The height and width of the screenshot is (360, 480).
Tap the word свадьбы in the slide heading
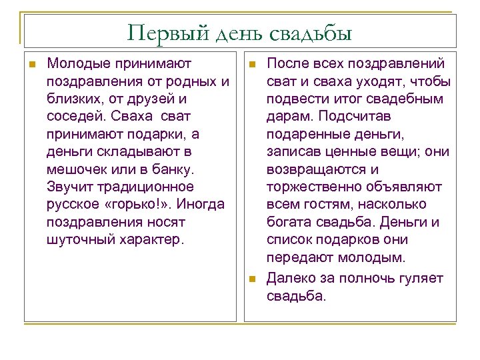(311, 32)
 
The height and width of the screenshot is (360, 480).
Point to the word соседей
(74, 117)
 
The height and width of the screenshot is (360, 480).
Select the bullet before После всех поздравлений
(251, 65)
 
